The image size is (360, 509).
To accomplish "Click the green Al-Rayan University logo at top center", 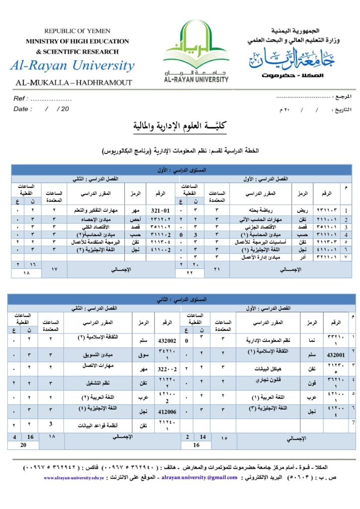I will click(x=196, y=51).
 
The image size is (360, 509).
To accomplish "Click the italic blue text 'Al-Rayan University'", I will click(x=72, y=66).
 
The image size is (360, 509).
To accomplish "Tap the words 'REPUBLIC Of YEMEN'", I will click(x=77, y=31).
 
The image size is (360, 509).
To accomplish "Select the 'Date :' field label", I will click(x=22, y=109).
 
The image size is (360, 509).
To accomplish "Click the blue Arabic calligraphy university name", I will click(x=292, y=60).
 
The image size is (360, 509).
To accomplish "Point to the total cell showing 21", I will click(x=216, y=269).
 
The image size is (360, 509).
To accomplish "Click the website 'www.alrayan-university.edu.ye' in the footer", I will click(x=74, y=478).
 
